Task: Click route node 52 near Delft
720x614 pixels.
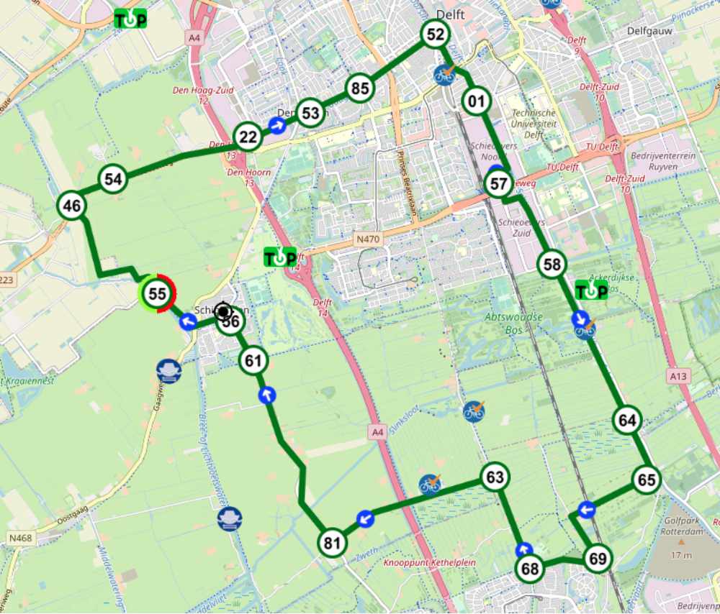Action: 436,34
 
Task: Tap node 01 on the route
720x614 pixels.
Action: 475,101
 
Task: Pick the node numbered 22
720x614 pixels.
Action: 248,137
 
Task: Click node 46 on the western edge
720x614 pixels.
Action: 71,206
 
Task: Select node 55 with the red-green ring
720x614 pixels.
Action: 157,293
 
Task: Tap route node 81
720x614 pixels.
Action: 332,544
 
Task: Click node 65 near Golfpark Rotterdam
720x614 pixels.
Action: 647,480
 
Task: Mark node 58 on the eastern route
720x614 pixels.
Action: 552,265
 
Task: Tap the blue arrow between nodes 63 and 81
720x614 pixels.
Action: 365,518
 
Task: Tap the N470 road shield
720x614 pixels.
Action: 367,237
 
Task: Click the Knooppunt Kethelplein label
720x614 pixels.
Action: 430,562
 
